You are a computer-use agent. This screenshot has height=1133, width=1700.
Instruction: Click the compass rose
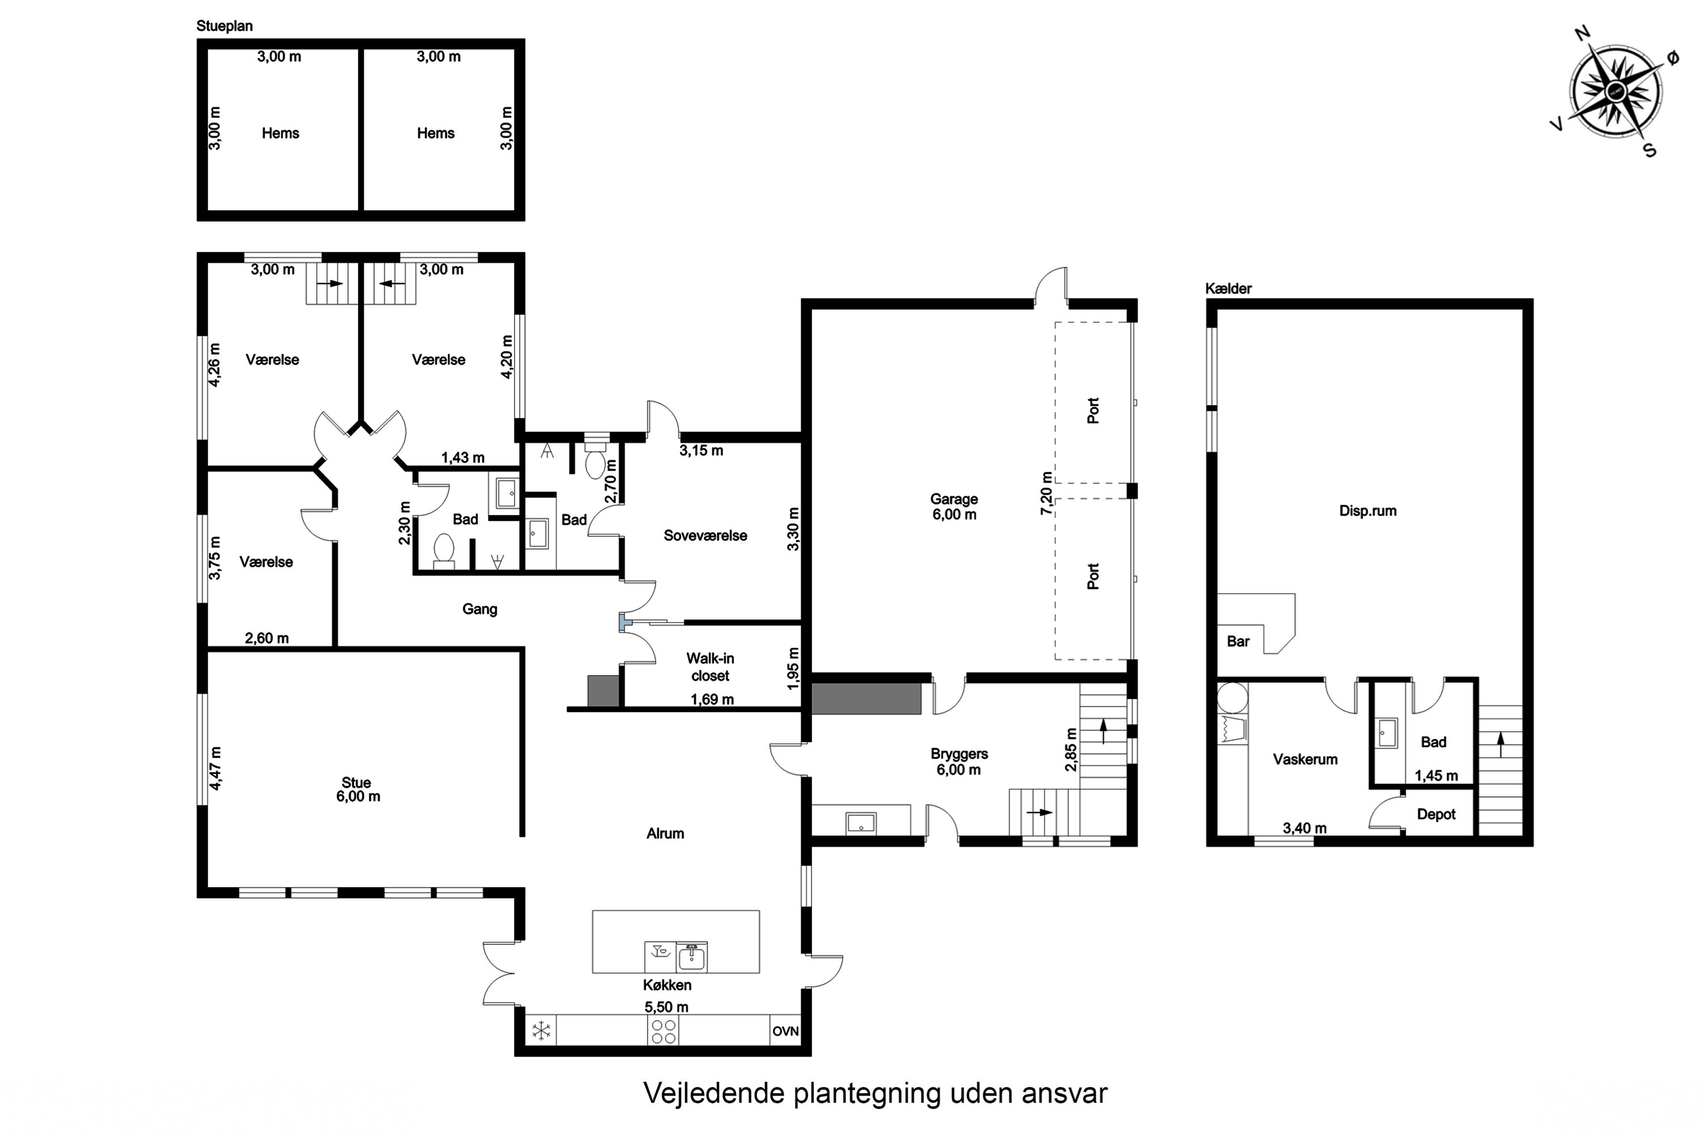tap(1616, 91)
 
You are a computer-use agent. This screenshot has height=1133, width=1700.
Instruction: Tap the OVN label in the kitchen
tap(785, 1031)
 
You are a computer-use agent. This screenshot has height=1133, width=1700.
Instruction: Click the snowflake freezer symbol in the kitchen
tap(541, 1030)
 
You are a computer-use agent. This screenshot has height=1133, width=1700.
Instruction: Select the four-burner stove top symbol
tap(663, 1032)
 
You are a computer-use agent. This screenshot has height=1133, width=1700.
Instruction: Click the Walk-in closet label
tap(710, 667)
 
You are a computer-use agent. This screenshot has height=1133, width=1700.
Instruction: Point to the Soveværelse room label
tap(705, 535)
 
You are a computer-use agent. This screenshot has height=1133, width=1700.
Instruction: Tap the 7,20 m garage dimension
tap(1046, 493)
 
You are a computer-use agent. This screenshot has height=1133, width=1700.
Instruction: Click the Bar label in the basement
tap(1238, 641)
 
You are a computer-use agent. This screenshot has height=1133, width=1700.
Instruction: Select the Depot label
tap(1436, 815)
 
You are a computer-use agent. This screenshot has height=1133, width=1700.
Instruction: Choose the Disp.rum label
tap(1367, 511)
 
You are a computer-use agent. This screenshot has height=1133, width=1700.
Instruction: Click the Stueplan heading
tap(225, 27)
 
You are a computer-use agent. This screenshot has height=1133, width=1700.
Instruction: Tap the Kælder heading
tap(1228, 288)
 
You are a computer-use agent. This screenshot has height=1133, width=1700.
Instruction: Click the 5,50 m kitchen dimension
tap(666, 1007)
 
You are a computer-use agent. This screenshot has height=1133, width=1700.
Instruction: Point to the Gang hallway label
tap(480, 609)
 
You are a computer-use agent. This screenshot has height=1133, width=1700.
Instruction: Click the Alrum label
tap(665, 833)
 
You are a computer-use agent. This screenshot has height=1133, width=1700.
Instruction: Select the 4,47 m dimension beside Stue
tap(215, 768)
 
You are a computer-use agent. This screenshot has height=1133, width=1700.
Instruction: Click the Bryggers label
tap(959, 753)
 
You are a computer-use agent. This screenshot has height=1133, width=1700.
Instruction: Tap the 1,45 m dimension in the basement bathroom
tap(1436, 776)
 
